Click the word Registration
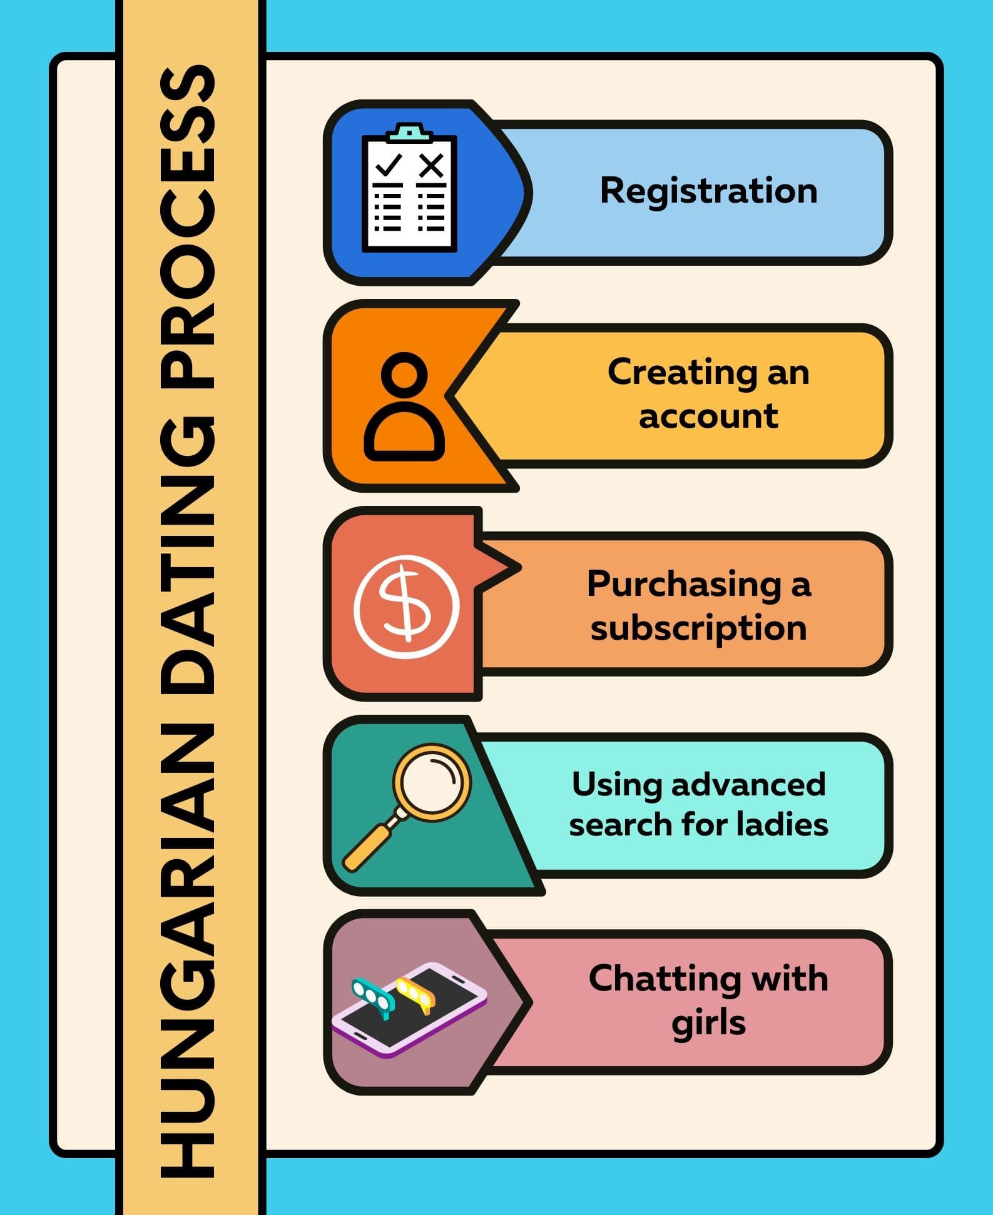pyautogui.click(x=708, y=191)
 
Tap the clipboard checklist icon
pyautogui.click(x=409, y=188)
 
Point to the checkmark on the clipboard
pyautogui.click(x=388, y=165)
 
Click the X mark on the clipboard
pyautogui.click(x=431, y=166)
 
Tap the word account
pyautogui.click(x=708, y=416)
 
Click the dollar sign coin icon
pyautogui.click(x=407, y=606)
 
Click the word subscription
pyautogui.click(x=699, y=628)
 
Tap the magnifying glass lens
pyautogui.click(x=432, y=782)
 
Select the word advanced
pyautogui.click(x=748, y=784)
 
